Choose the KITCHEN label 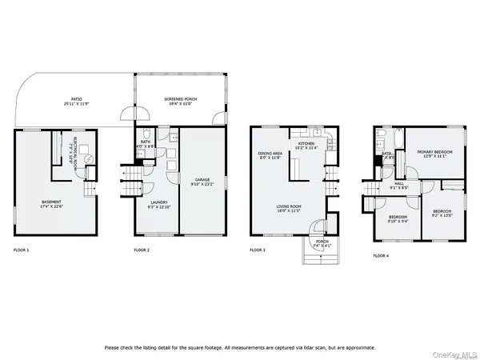pos(308,146)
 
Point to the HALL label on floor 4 pos(399,186)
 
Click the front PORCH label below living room pos(322,243)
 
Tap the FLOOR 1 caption pos(21,250)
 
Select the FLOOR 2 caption pos(142,250)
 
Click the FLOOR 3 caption pos(258,250)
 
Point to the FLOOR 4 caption pos(381,255)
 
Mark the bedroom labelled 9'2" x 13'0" pos(442,214)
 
